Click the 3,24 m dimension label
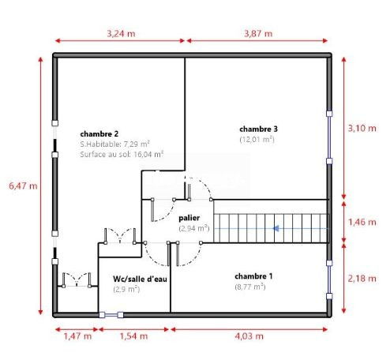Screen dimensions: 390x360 pyautogui.click(x=121, y=34)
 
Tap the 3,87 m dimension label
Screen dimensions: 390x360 pyautogui.click(x=258, y=34)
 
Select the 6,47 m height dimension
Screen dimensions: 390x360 pyautogui.click(x=23, y=186)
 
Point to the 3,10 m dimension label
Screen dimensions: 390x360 pyautogui.click(x=362, y=128)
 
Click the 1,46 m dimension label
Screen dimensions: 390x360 pyautogui.click(x=362, y=222)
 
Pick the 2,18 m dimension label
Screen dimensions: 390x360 pyautogui.click(x=362, y=279)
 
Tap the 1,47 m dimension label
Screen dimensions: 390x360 pyautogui.click(x=77, y=336)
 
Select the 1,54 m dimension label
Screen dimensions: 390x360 pyautogui.click(x=133, y=336)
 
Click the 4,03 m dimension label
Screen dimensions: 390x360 pyautogui.click(x=249, y=336)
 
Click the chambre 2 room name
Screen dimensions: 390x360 pyautogui.click(x=99, y=134)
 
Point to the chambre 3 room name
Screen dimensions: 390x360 pyautogui.click(x=258, y=129)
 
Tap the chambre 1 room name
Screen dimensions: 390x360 pyautogui.click(x=253, y=276)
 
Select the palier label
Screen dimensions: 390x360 pyautogui.click(x=189, y=218)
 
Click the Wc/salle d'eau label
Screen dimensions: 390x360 pyautogui.click(x=140, y=279)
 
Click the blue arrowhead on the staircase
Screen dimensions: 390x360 pyautogui.click(x=276, y=228)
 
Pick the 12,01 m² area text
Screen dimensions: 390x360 pyautogui.click(x=257, y=140)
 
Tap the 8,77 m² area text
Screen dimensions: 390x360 pyautogui.click(x=250, y=287)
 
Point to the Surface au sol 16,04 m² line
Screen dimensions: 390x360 pyautogui.click(x=122, y=154)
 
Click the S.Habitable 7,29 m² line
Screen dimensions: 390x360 pyautogui.click(x=114, y=144)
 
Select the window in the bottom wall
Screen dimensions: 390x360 pyautogui.click(x=111, y=315)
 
